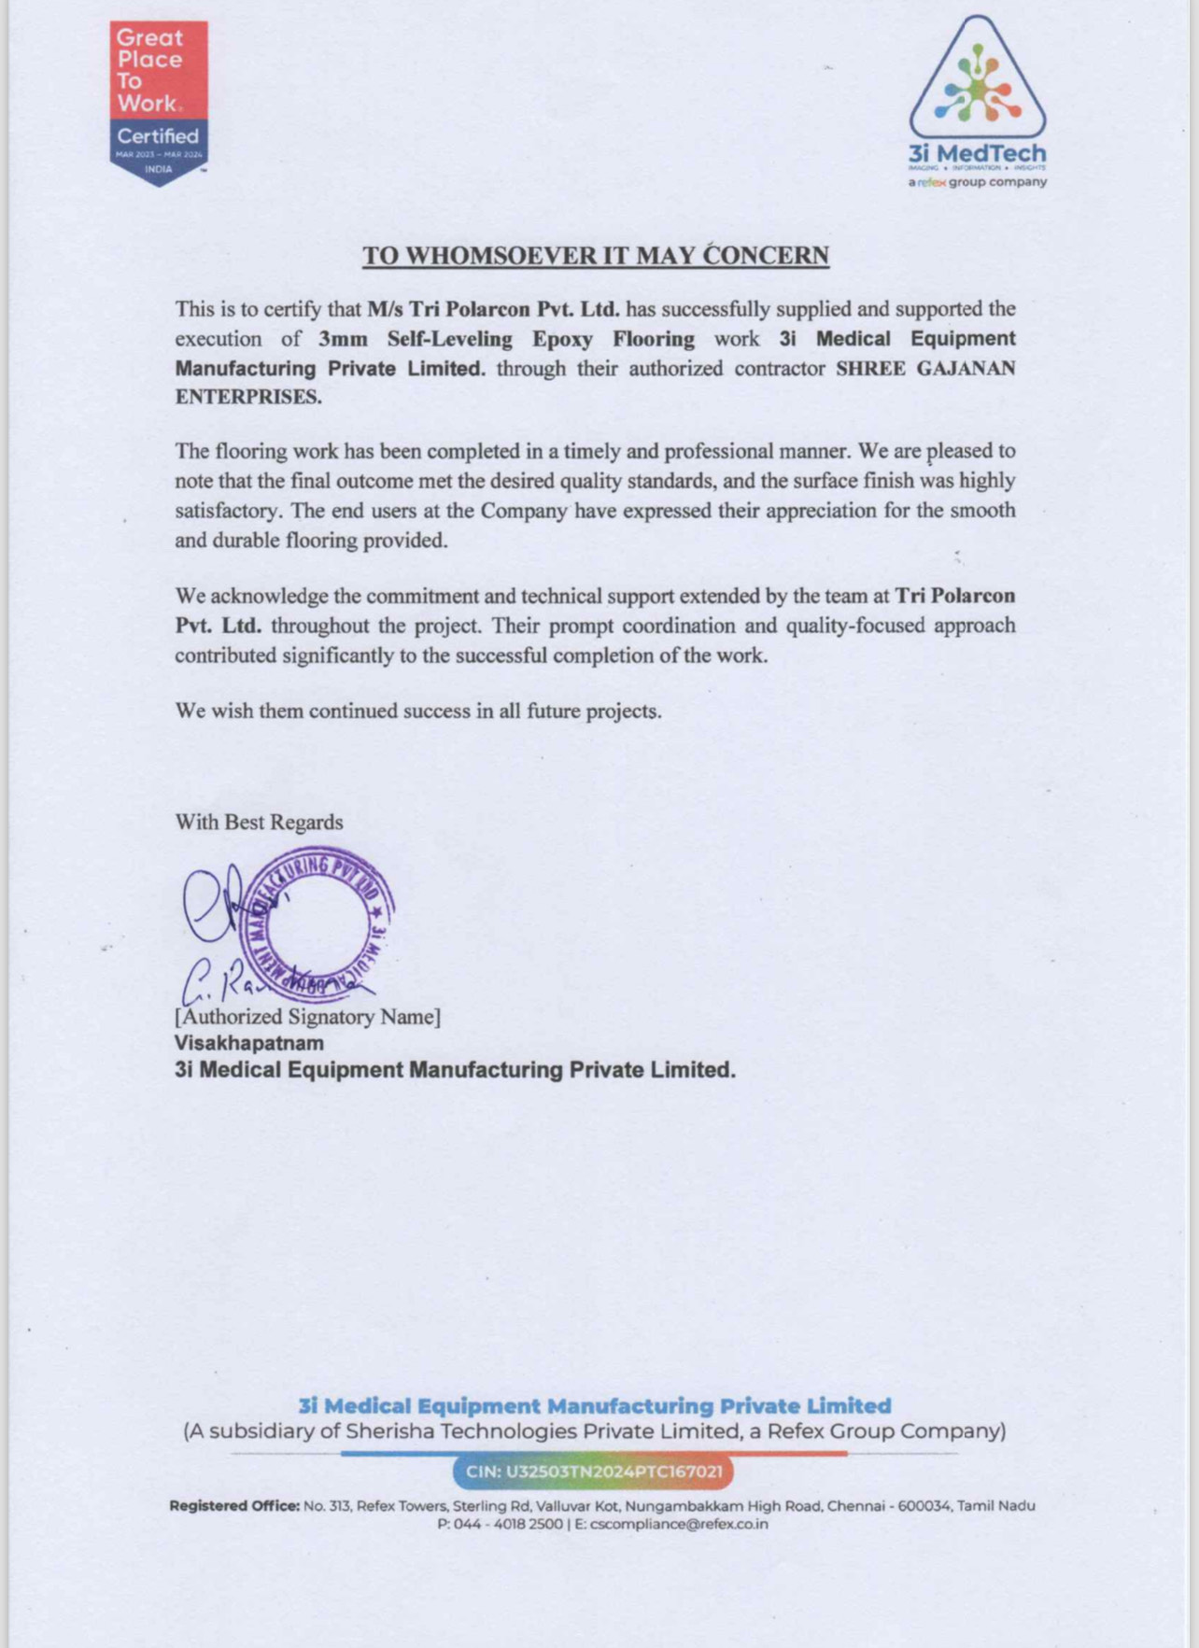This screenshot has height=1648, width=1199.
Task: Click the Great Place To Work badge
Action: click(159, 102)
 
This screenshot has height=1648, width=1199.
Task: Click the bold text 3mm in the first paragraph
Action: click(343, 339)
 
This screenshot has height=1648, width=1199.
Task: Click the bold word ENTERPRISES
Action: click(248, 397)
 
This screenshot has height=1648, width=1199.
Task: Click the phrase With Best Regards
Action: click(259, 823)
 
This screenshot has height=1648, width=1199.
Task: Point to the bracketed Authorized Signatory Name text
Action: click(307, 1017)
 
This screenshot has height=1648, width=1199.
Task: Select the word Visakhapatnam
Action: click(249, 1043)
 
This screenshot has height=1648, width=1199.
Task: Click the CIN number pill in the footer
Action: click(594, 1472)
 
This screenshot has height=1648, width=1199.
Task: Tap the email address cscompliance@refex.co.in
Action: click(679, 1524)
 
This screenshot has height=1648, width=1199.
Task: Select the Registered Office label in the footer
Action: click(234, 1506)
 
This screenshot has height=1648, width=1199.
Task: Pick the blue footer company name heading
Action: click(595, 1405)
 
